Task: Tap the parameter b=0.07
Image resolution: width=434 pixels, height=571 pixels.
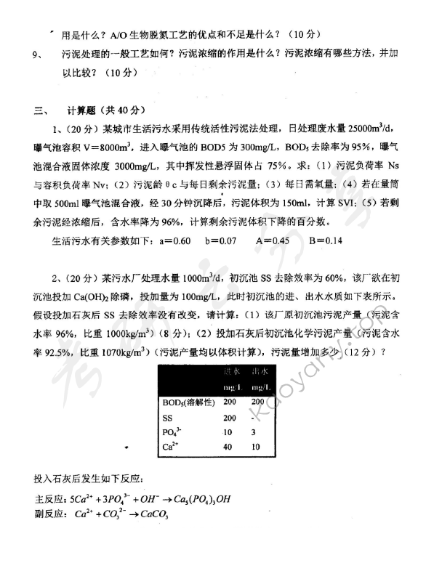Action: tap(223, 240)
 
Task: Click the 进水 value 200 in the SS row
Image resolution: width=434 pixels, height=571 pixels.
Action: tap(230, 417)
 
